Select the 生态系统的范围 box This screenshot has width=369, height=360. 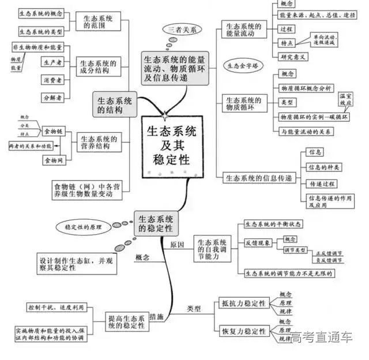(x=98, y=22)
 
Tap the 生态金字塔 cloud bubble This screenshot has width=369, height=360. (x=243, y=66)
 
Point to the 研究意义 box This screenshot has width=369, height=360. (x=294, y=57)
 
